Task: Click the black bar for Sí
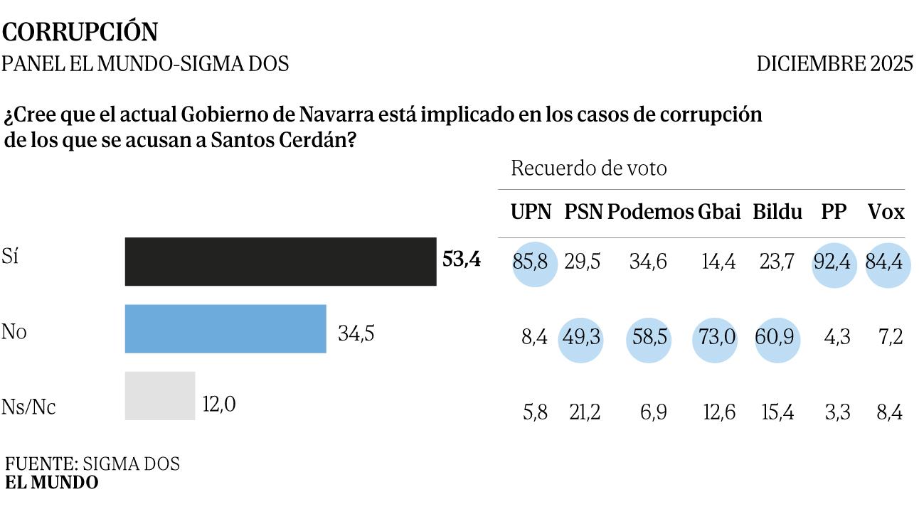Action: (x=280, y=262)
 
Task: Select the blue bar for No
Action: (x=225, y=328)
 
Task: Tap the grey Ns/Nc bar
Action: (x=160, y=395)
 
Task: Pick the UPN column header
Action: (x=531, y=212)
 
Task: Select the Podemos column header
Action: (x=650, y=212)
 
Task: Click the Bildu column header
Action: (x=777, y=212)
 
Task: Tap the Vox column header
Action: (x=886, y=212)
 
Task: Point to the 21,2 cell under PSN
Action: (x=583, y=412)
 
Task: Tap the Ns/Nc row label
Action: (x=29, y=407)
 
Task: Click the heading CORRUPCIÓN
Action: (x=80, y=33)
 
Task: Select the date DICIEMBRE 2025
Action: (x=834, y=64)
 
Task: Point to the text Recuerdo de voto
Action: (x=589, y=169)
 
